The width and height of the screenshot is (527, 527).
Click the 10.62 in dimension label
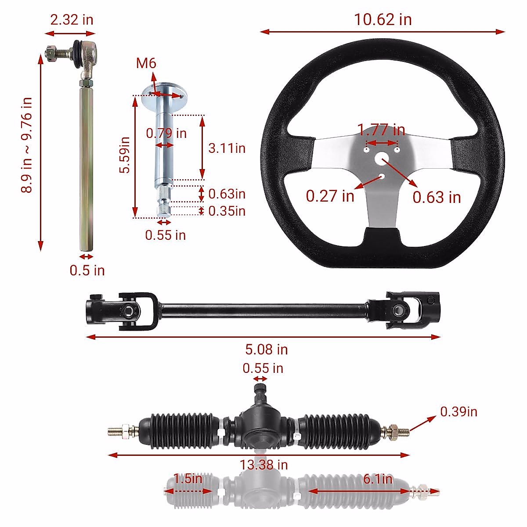tap(383, 20)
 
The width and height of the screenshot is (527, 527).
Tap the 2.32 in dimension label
tap(72, 20)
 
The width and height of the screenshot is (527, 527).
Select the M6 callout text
tap(146, 63)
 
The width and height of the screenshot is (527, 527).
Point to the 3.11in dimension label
tap(227, 148)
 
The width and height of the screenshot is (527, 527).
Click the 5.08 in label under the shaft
tap(267, 350)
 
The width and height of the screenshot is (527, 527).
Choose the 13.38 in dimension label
tap(263, 465)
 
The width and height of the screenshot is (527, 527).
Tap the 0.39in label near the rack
tap(458, 411)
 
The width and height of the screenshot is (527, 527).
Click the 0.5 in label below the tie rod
tap(87, 271)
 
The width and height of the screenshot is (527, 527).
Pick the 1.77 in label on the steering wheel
tap(381, 130)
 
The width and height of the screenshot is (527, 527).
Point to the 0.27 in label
tap(330, 196)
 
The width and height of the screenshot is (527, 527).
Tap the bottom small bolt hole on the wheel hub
tap(382, 177)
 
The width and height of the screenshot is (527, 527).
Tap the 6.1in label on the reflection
tap(377, 478)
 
